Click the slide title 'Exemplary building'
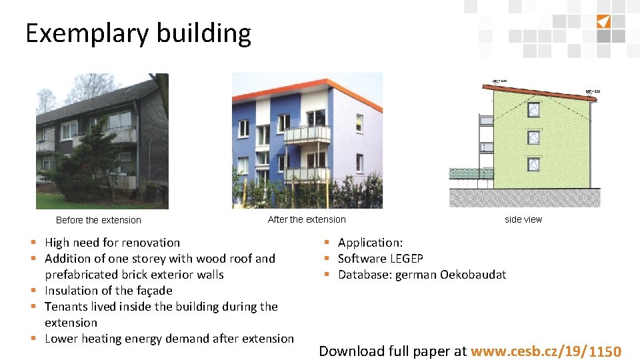(x=138, y=33)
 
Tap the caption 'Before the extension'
(x=99, y=220)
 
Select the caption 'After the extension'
(x=307, y=219)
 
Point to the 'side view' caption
(x=523, y=219)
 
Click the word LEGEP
(x=405, y=259)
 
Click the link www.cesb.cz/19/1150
(x=546, y=351)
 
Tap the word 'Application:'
(x=370, y=243)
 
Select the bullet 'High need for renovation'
(x=112, y=243)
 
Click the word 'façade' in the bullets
(x=154, y=291)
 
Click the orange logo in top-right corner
(x=603, y=21)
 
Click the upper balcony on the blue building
(x=307, y=133)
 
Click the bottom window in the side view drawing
(x=533, y=164)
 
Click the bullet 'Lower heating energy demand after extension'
(x=169, y=339)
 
